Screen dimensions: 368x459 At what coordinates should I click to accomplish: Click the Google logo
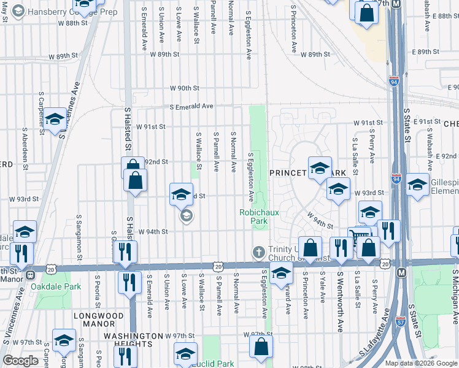[21, 361]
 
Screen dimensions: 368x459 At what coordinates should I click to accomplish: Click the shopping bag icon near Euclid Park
[261, 347]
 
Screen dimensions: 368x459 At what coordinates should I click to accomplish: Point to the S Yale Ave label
[322, 289]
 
